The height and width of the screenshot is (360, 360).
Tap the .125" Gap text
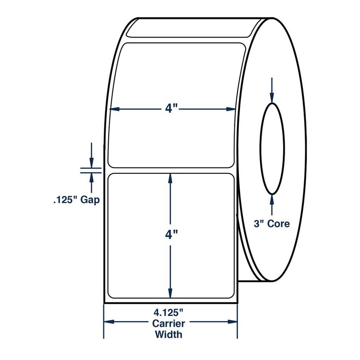coord(76,200)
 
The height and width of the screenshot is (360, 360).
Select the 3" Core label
coord(272,224)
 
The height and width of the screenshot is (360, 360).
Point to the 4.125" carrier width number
coord(168,312)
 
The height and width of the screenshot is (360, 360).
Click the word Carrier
coord(168,324)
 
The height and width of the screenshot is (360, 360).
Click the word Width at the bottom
coord(168,334)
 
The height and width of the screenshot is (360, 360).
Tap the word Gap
coord(90,200)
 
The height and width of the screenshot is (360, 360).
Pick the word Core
coord(278,224)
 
